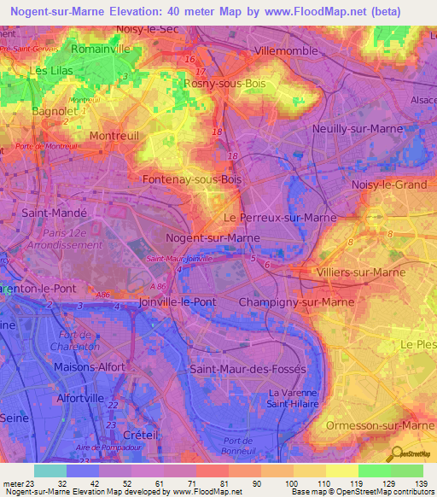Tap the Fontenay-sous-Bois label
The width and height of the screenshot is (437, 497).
pyautogui.click(x=193, y=180)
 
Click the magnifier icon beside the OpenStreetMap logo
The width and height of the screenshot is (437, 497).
pyautogui.click(x=396, y=453)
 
